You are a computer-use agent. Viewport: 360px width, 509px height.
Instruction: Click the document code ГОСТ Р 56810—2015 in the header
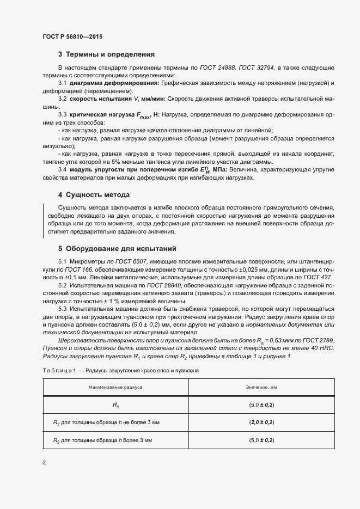pos(72,36)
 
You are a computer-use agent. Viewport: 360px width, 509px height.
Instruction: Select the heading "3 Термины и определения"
pos(106,54)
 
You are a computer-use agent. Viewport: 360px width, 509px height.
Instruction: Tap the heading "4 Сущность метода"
pos(93,194)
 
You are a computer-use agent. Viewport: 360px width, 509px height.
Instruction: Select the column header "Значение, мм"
pos(259,387)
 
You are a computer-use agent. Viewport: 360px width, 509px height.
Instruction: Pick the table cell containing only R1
pos(115,405)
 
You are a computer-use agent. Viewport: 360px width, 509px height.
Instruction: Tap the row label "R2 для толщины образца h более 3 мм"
pos(102,439)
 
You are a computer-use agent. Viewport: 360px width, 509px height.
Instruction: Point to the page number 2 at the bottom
pos(44,463)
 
